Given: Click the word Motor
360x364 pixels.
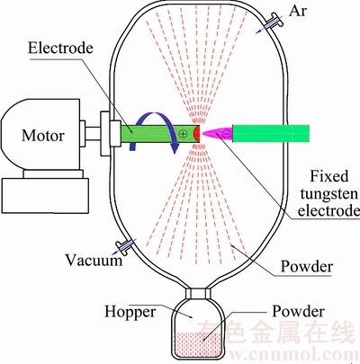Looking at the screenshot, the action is click(43, 136).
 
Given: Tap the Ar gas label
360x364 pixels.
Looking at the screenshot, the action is click(298, 11).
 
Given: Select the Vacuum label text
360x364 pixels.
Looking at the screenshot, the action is click(94, 260).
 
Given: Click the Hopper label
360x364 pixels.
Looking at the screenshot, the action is click(130, 312).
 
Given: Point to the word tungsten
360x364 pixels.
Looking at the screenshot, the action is click(328, 194).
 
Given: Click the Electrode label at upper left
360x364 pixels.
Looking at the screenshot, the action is click(60, 48).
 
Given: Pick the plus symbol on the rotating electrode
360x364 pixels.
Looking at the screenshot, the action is click(183, 133).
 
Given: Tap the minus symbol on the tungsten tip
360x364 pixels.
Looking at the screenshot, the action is click(227, 134).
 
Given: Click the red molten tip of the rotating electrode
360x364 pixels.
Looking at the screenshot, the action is click(197, 134).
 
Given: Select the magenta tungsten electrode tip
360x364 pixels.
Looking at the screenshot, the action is click(217, 134).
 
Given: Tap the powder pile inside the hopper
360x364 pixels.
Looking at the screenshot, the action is click(198, 344).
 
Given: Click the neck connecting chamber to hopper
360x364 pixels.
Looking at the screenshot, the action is click(198, 293).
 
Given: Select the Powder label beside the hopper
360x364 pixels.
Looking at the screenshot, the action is click(298, 312).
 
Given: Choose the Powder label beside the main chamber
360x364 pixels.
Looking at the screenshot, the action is click(307, 266).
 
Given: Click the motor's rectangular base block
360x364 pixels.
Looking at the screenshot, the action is click(45, 196).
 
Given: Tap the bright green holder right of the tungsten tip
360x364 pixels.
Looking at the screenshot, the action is click(271, 133).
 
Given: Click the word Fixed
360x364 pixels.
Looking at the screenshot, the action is click(329, 176).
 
